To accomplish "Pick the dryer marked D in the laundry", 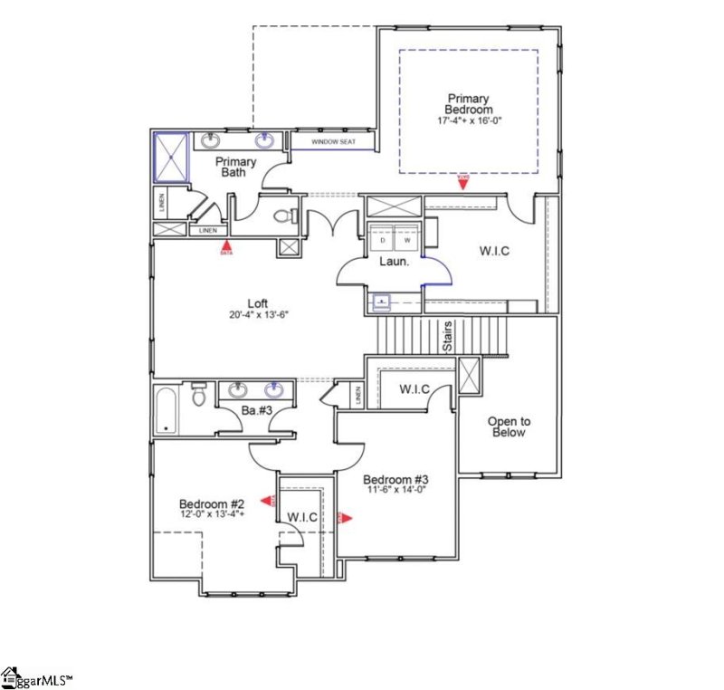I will [x=382, y=241].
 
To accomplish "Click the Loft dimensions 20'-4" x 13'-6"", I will [x=258, y=316].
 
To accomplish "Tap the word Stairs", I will [x=447, y=338].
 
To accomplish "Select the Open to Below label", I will [x=509, y=426].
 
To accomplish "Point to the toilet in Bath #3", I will [x=201, y=394].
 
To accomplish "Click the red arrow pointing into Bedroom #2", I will [x=268, y=500].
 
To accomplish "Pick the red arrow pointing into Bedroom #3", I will [x=344, y=518].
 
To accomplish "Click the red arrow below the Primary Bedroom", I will [x=462, y=183].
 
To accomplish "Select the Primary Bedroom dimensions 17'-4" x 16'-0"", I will [x=468, y=120].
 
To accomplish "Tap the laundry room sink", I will [x=381, y=300].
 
